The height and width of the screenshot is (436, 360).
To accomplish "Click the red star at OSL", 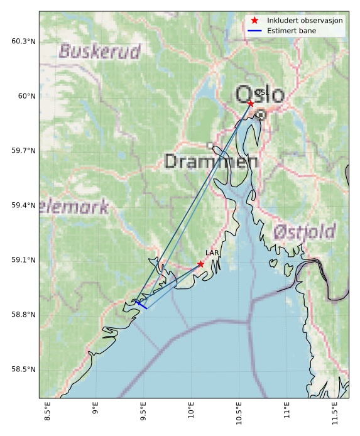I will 251,103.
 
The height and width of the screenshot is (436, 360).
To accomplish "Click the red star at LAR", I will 200,264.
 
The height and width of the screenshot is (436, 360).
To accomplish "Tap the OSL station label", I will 261,92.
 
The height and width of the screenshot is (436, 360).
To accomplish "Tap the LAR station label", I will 212,253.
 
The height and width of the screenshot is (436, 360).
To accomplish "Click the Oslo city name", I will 260,94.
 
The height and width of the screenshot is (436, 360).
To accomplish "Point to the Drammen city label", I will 211,161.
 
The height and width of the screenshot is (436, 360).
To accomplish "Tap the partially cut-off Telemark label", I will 74,207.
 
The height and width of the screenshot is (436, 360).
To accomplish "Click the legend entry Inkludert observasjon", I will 305,20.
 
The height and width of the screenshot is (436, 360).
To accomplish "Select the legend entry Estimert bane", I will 290,30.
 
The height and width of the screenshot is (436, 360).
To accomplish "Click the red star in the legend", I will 254,20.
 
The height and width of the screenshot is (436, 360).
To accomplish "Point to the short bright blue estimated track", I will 141,305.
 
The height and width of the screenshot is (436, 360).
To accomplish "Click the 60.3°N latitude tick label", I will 23,41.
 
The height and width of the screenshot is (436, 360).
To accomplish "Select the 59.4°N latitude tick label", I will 23,205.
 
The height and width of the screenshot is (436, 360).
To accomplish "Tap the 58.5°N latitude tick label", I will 23,369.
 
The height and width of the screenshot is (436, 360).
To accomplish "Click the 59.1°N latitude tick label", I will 23,260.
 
